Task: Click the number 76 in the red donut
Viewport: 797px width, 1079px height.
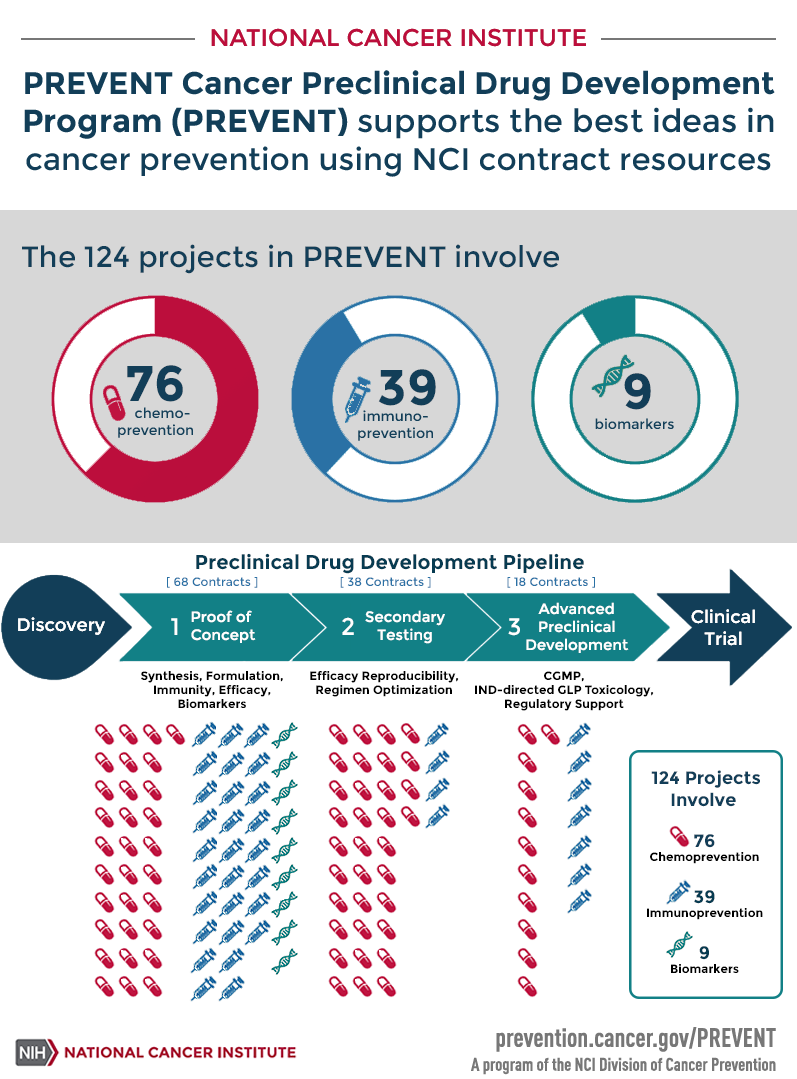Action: click(x=155, y=384)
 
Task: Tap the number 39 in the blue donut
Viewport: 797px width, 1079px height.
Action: click(x=408, y=387)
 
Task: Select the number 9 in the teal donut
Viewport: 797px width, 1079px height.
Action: click(x=637, y=391)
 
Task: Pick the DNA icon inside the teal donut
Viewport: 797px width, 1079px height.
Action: click(x=606, y=377)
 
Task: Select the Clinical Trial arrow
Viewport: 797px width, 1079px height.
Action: click(x=724, y=627)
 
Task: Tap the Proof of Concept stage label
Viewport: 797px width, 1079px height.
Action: click(x=222, y=626)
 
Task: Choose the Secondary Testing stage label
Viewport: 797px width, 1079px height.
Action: click(x=404, y=626)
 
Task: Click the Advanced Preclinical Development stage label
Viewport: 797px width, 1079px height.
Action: click(x=576, y=627)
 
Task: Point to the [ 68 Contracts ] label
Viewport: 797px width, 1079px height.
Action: click(x=211, y=582)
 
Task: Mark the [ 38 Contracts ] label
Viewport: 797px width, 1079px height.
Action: click(x=385, y=582)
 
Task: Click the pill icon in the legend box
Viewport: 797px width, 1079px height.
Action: click(x=679, y=836)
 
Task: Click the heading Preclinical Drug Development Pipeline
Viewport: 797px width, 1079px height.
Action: click(x=389, y=562)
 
